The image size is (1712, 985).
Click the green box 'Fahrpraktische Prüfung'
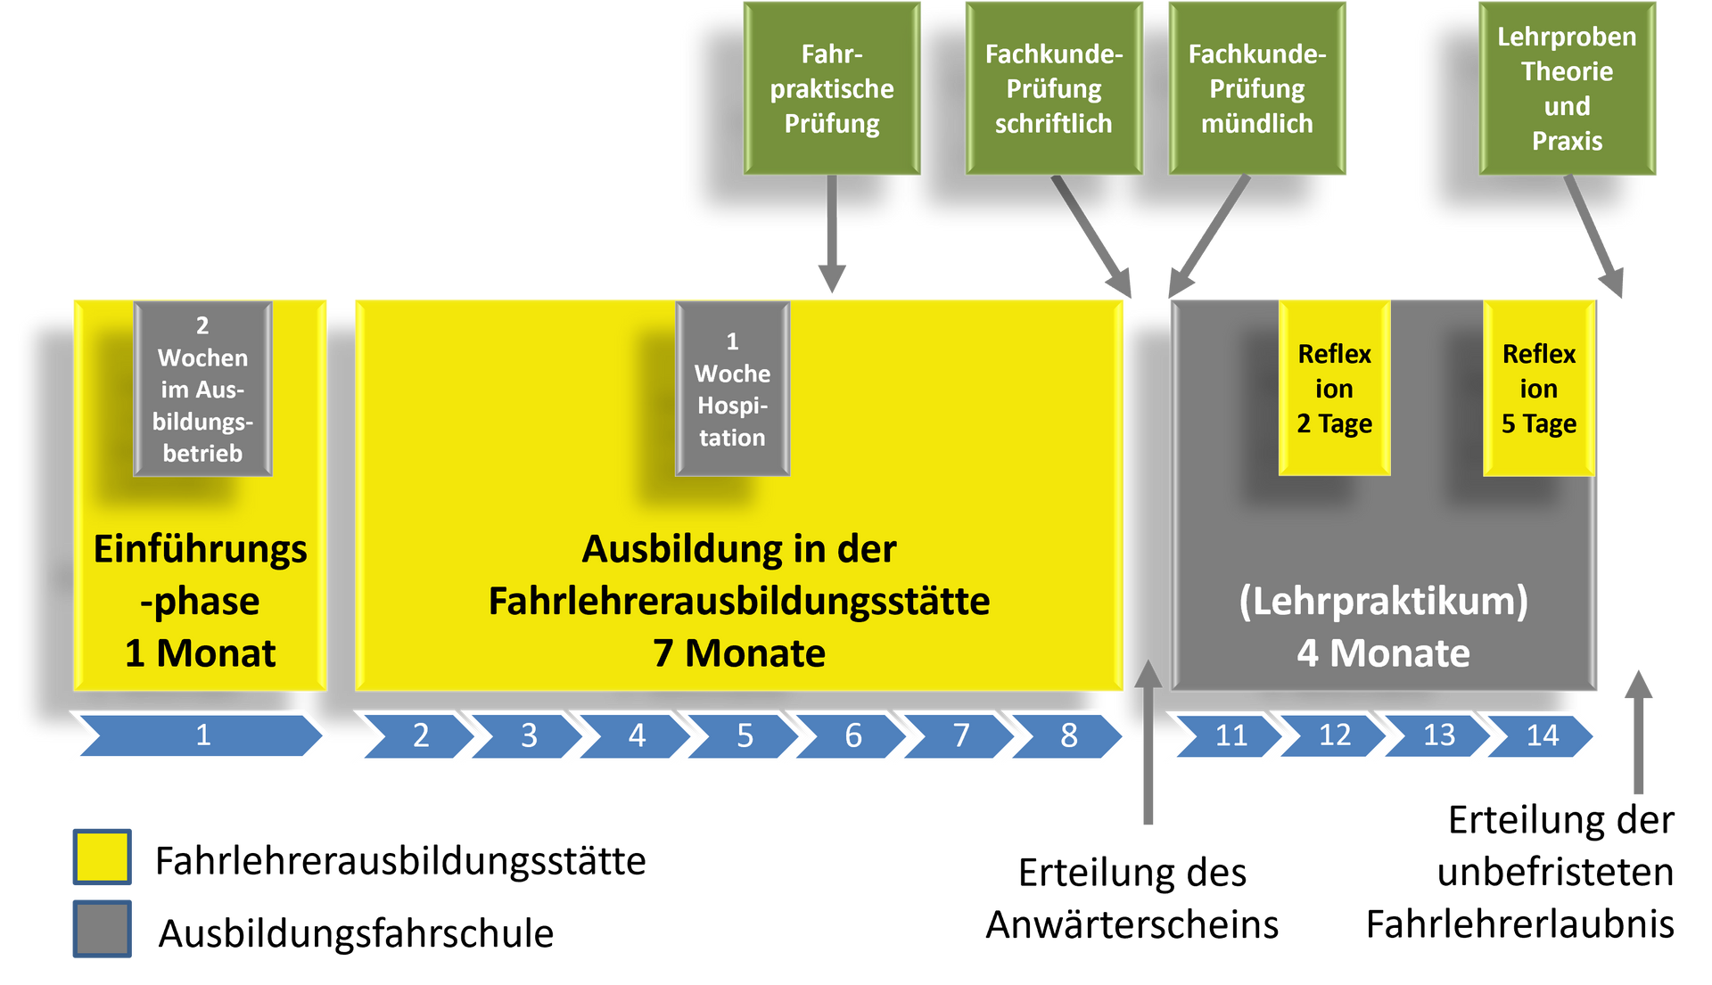pos(832,88)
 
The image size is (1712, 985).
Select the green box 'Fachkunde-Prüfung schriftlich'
pos(1053,88)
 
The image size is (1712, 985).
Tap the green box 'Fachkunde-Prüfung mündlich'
pos(1257,88)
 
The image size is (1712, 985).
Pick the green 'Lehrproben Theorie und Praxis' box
pos(1567,88)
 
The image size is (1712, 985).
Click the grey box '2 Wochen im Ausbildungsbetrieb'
pos(202,389)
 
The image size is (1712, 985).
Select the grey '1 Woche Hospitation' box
pos(732,389)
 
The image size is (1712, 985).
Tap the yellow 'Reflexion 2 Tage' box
pos(1334,389)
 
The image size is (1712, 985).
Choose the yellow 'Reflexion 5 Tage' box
pos(1539,389)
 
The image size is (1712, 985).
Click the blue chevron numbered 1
pos(202,735)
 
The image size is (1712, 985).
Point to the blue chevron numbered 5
pos(745,735)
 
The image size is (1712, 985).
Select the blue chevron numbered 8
pos(1069,735)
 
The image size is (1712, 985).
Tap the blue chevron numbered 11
pos(1230,735)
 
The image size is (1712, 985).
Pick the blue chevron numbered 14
pos(1543,735)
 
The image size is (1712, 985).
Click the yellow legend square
pos(103,857)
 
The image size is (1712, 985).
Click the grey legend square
pos(103,928)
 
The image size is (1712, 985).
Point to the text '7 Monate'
pos(739,653)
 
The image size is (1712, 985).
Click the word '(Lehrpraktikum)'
pos(1383,602)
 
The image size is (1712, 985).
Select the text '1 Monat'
pos(201,653)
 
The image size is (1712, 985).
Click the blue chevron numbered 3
pos(529,735)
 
